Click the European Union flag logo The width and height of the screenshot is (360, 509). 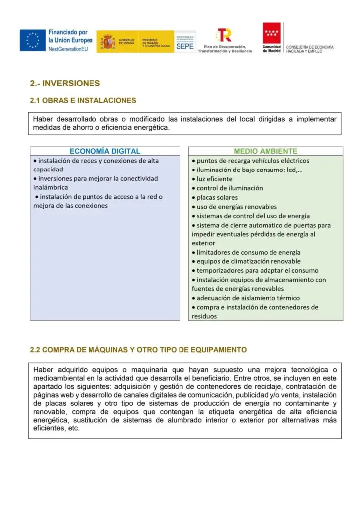(x=33, y=40)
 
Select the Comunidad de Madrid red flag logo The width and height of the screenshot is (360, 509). (x=271, y=33)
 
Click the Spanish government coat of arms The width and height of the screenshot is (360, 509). (x=107, y=41)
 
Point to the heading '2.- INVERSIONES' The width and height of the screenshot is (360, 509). (x=65, y=83)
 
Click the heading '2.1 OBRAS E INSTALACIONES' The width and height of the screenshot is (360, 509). (x=83, y=100)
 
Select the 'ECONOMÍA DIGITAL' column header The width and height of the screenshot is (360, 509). (x=104, y=151)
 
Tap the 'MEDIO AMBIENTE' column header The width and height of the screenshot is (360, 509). (x=266, y=151)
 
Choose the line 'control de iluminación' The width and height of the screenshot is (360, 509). (x=230, y=188)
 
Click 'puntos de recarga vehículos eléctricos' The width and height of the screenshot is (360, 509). (x=253, y=161)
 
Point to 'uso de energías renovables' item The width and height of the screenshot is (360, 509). (x=237, y=207)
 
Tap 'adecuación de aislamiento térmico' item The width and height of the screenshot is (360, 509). (x=248, y=298)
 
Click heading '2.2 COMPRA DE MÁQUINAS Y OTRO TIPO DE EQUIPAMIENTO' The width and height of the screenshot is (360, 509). (x=138, y=350)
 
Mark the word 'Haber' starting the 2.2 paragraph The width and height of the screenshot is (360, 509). (x=43, y=370)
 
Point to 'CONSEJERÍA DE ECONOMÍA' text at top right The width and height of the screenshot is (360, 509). (x=310, y=47)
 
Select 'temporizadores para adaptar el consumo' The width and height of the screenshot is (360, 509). (x=257, y=270)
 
